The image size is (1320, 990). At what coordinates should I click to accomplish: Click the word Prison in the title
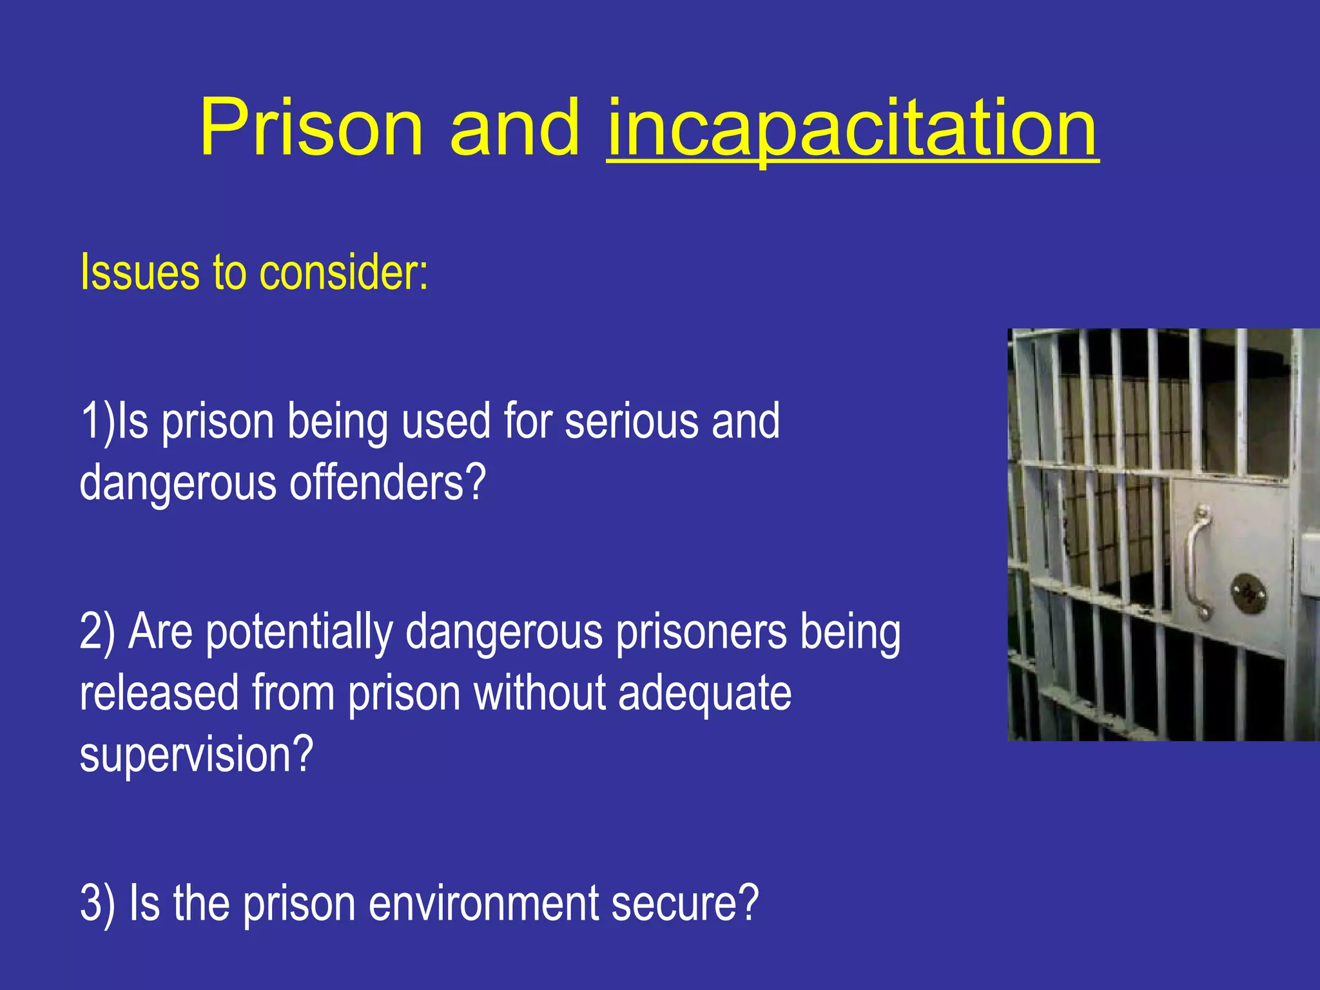coord(311,127)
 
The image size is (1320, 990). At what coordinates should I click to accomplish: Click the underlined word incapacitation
coord(852,129)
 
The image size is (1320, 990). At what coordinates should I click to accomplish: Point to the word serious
coord(631,422)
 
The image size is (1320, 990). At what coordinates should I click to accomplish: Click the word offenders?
coord(387,483)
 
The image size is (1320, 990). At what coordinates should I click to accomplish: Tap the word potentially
coord(299,634)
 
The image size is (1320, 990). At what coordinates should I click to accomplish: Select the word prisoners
coord(701,634)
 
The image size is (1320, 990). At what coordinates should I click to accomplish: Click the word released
coord(159,694)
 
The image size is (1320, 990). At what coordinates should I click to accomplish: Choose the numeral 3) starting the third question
coord(98,903)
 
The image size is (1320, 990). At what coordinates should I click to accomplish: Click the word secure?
coord(685,903)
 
